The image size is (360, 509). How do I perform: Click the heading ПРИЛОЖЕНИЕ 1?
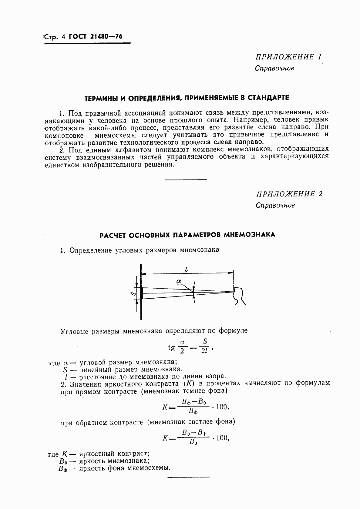click(288, 57)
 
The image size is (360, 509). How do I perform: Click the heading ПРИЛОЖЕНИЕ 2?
click(289, 194)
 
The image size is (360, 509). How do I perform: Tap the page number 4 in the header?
click(63, 37)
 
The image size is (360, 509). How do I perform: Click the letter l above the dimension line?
click(186, 269)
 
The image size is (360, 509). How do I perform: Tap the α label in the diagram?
click(179, 282)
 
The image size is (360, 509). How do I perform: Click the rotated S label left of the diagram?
click(132, 293)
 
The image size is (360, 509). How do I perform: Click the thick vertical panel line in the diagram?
click(141, 291)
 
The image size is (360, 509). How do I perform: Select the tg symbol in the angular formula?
click(172, 347)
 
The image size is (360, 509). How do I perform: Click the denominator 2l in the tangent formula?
click(204, 352)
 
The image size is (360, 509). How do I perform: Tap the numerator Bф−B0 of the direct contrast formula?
click(194, 402)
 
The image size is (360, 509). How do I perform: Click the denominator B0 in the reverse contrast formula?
click(193, 442)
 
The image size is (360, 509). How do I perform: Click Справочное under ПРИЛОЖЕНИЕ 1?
click(274, 68)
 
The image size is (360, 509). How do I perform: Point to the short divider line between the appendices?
click(185, 180)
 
